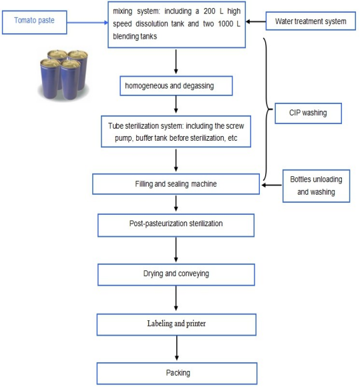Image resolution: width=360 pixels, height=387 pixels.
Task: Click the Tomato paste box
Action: click(x=34, y=22)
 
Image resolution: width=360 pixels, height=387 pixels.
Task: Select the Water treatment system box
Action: click(x=311, y=21)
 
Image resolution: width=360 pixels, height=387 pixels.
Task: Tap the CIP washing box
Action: click(x=308, y=113)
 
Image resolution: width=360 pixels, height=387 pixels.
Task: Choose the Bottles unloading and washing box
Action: click(x=316, y=186)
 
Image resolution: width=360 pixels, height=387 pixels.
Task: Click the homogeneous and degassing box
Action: click(x=176, y=85)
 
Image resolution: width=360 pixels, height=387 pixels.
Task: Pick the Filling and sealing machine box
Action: click(x=176, y=184)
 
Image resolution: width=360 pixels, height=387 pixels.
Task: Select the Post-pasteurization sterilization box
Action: click(x=176, y=225)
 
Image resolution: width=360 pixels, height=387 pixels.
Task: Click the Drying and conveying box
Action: click(x=176, y=274)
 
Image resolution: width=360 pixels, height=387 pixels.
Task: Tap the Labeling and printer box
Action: click(x=176, y=324)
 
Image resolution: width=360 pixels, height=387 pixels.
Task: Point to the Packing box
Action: click(x=177, y=373)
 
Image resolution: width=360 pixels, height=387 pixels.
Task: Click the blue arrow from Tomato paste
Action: click(x=87, y=23)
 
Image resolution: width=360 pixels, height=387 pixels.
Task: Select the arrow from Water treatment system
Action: click(x=256, y=22)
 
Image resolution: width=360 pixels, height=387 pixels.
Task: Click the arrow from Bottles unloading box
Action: click(x=272, y=185)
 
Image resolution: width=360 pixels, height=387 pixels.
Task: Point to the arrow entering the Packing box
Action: click(x=177, y=348)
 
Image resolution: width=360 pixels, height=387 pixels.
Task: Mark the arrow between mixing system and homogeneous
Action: click(x=176, y=61)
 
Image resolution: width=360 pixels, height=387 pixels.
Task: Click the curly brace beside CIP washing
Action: click(x=268, y=109)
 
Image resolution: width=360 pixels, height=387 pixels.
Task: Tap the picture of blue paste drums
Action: click(x=63, y=75)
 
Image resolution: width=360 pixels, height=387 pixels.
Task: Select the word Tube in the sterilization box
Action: click(x=116, y=125)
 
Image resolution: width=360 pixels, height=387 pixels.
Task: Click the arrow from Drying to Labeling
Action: click(x=176, y=298)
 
